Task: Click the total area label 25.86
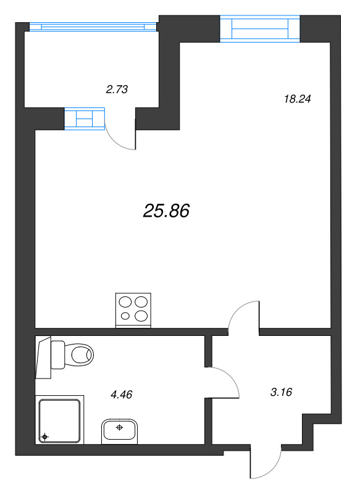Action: pyautogui.click(x=166, y=211)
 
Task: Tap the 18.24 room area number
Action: pyautogui.click(x=297, y=99)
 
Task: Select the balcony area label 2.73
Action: pyautogui.click(x=117, y=90)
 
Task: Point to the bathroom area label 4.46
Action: pyautogui.click(x=121, y=394)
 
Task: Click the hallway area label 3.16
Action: pyautogui.click(x=281, y=392)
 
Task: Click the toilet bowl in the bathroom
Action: pyautogui.click(x=79, y=354)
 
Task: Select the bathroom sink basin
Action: pyautogui.click(x=119, y=431)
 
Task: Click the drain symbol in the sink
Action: pyautogui.click(x=119, y=427)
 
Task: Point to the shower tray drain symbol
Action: pyautogui.click(x=44, y=437)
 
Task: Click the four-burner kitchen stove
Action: pyautogui.click(x=133, y=311)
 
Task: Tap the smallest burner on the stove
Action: pyautogui.click(x=125, y=316)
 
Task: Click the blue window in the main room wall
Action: pyautogui.click(x=260, y=28)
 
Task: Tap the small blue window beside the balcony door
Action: pyautogui.click(x=85, y=119)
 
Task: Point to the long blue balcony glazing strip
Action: pyautogui.click(x=93, y=27)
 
